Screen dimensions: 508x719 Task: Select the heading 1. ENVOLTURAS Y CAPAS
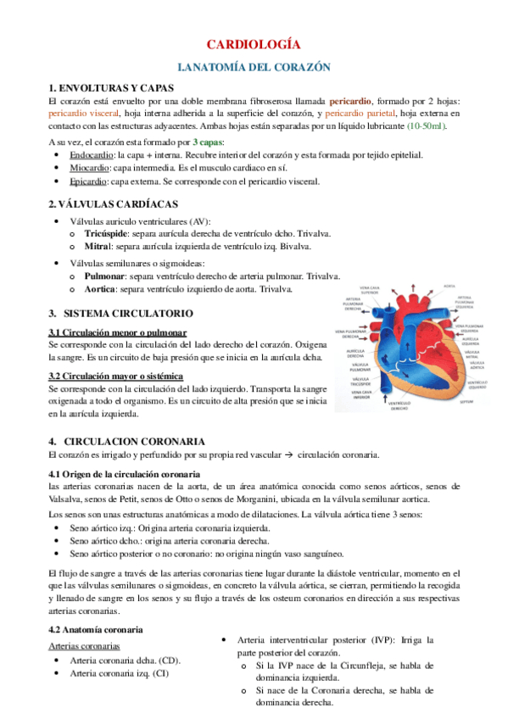(112, 87)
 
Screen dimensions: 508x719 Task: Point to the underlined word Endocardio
(69, 156)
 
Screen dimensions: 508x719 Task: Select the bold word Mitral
(99, 246)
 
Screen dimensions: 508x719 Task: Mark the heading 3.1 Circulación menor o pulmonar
(117, 332)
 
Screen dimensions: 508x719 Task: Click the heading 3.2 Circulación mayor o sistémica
(114, 375)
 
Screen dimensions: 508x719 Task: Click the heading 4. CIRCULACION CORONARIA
(126, 441)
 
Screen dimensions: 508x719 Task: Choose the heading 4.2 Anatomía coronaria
(96, 630)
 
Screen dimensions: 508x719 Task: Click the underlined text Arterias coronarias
(83, 646)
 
